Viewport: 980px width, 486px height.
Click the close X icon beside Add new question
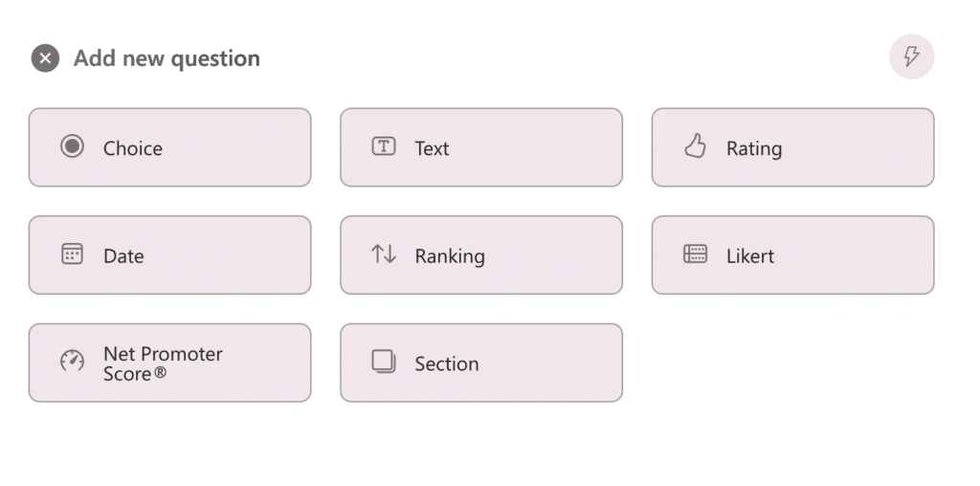[x=45, y=58]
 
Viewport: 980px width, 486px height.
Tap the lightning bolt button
[x=911, y=56]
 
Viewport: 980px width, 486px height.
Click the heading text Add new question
[x=167, y=58]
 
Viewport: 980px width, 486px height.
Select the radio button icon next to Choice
[x=72, y=147]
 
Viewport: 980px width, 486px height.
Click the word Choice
[x=133, y=148]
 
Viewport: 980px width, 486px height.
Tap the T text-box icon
[x=383, y=147]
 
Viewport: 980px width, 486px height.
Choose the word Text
[x=432, y=148]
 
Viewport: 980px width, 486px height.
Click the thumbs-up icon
[x=695, y=146]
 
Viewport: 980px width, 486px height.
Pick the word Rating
[x=754, y=148]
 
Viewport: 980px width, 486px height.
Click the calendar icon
[x=72, y=254]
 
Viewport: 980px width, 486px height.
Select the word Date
[x=123, y=256]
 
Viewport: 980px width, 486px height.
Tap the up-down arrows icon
[x=383, y=254]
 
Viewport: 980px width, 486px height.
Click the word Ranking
[x=450, y=256]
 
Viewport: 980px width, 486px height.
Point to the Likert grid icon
[x=695, y=254]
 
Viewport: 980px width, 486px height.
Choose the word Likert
[x=750, y=256]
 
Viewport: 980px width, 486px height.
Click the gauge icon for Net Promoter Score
[x=72, y=362]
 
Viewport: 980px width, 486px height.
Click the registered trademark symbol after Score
[x=160, y=373]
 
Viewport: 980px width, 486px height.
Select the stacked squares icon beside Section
[x=383, y=362]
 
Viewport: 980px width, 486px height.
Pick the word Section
[x=447, y=364]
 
